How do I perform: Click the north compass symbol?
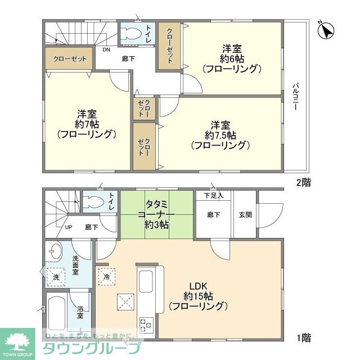(326, 30)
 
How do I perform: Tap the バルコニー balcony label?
(295, 96)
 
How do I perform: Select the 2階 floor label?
(304, 182)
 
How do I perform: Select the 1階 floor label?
(304, 338)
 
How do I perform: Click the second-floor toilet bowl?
(131, 34)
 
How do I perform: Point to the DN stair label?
(106, 49)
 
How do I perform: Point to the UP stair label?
(69, 227)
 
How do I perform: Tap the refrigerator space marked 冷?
(107, 277)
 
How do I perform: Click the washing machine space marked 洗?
(56, 277)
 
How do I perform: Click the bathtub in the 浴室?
(56, 313)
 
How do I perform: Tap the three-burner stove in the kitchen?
(146, 325)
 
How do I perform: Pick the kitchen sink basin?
(146, 281)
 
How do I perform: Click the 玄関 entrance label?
(245, 215)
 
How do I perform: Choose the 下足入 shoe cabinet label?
(214, 196)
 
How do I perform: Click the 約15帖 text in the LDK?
(198, 296)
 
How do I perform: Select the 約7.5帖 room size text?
(220, 136)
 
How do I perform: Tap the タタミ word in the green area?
(156, 204)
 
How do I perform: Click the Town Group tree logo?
(17, 341)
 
